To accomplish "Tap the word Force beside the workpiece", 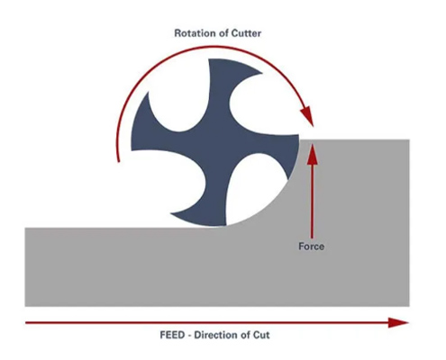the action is (311, 247).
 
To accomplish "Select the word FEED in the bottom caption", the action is (172, 335).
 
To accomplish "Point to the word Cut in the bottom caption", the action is (261, 335).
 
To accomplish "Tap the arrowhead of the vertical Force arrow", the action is (313, 154).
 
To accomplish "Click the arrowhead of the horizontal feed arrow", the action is (398, 323).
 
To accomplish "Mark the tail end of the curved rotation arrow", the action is (119, 161).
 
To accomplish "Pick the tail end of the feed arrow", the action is (26, 323).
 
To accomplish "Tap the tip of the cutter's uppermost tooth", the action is (209, 59).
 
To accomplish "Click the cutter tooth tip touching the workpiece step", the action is (298, 136).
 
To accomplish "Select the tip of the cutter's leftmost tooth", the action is (132, 149).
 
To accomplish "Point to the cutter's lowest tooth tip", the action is (226, 225).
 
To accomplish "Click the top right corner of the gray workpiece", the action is (409, 139).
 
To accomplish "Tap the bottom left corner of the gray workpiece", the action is (25, 306).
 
